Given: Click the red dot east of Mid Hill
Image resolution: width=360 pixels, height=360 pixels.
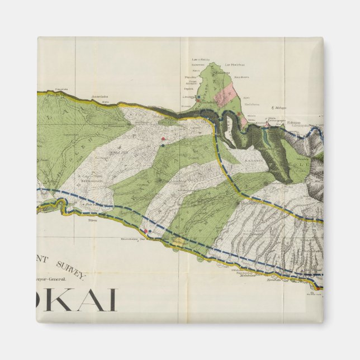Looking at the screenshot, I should tap(163, 138).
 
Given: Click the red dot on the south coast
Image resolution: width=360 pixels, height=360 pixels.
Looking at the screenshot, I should tap(146, 230).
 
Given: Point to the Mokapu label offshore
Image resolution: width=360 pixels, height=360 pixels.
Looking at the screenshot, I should tap(277, 107).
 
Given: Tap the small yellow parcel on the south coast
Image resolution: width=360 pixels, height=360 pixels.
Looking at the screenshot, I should tap(178, 241).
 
